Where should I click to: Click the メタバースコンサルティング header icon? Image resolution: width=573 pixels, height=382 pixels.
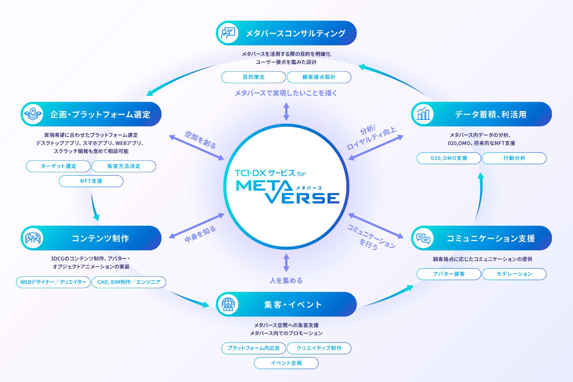(228, 33)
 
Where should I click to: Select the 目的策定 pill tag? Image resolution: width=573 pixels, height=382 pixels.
(254, 77)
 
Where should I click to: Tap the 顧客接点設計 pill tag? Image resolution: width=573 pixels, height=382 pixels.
(319, 77)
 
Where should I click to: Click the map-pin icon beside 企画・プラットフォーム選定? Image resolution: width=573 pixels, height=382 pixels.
(33, 114)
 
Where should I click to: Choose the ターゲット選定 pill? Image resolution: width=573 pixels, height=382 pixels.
(59, 166)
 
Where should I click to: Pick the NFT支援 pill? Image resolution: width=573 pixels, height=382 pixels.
(91, 181)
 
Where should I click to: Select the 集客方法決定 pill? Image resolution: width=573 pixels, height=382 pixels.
(124, 166)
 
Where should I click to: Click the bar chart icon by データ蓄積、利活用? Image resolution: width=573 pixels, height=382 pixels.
(423, 114)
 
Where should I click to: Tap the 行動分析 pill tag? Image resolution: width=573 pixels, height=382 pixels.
(514, 158)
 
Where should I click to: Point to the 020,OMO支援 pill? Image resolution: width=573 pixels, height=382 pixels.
(449, 158)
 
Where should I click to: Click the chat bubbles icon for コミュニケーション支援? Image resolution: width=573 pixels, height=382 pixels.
(423, 238)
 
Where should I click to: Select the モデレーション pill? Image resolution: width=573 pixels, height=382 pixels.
(514, 274)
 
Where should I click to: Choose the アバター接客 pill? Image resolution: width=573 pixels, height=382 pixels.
(449, 274)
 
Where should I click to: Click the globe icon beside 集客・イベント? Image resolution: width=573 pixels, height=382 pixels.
(228, 304)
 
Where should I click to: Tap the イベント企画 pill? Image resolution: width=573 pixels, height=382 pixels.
(286, 363)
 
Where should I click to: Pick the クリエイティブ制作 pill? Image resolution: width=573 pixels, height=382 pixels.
(319, 348)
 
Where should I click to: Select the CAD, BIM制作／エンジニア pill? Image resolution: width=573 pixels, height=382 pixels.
(129, 282)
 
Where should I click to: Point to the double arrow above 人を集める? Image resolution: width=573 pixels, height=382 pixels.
(286, 263)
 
